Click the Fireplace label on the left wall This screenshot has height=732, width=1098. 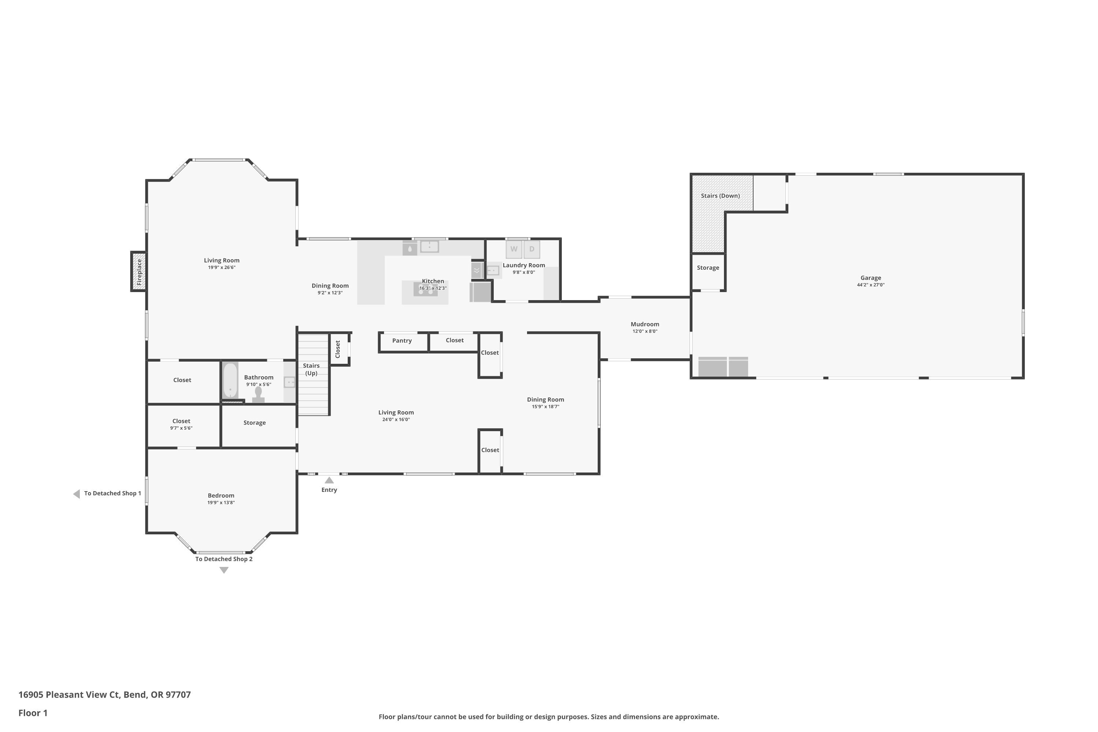[139, 272]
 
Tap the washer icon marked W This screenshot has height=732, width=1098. [513, 249]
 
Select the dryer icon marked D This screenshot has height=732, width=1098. [532, 249]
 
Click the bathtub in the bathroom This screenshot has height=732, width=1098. [230, 381]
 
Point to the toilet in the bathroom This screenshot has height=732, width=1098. [258, 395]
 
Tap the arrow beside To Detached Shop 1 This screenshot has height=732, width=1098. [76, 494]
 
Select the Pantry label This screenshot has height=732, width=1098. [402, 341]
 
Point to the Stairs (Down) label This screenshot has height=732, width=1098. [720, 195]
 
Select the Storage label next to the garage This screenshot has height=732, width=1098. [708, 268]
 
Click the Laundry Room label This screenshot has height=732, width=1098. [523, 265]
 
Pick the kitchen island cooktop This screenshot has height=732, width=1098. [425, 290]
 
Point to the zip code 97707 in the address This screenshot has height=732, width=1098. [178, 695]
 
